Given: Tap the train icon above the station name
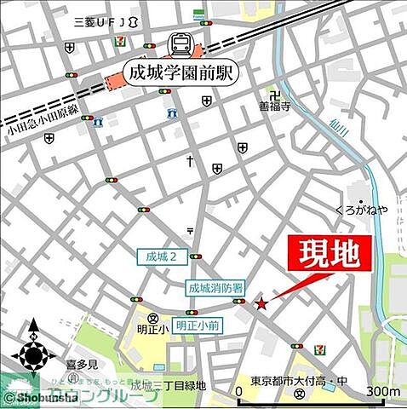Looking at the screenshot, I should coord(181,43).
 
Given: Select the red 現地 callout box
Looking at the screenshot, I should coord(335,254).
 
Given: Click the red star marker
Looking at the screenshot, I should coord(261,302).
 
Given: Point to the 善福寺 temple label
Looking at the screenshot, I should coord(276,108).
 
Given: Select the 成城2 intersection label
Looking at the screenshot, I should coord(161,256).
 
